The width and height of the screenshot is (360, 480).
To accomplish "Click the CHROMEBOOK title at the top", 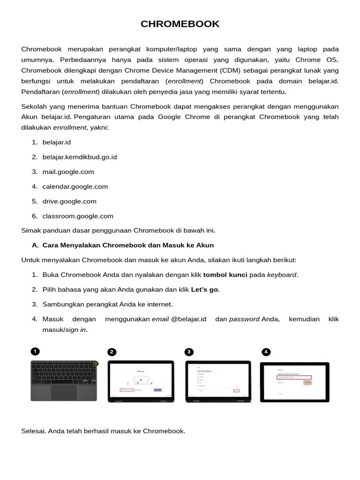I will (x=180, y=24).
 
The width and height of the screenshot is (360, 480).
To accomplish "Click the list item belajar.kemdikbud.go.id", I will (x=80, y=157).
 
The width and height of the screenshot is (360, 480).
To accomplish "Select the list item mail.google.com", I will (x=68, y=172).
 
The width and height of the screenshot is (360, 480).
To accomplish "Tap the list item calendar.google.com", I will (x=75, y=187).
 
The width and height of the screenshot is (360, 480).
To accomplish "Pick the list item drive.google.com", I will (x=69, y=202).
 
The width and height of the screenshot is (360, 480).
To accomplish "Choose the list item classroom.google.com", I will (x=78, y=216).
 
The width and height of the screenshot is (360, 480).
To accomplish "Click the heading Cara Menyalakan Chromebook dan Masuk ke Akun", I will (x=128, y=245).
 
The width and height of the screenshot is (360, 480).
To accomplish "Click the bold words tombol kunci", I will (x=225, y=275).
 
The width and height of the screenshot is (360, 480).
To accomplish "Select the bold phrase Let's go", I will (x=204, y=290).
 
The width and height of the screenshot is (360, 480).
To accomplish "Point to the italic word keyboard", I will (x=282, y=275).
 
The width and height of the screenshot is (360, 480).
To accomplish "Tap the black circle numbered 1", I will (x=35, y=351).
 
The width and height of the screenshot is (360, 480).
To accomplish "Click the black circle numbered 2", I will (x=112, y=352).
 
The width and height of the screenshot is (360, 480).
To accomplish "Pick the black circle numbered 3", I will (x=189, y=352).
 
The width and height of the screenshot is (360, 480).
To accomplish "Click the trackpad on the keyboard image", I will (x=64, y=393).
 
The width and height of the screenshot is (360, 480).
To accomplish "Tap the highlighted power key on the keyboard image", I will (x=96, y=363).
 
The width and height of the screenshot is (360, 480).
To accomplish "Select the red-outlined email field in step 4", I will (x=294, y=377).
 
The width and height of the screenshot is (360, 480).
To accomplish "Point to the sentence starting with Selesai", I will (x=103, y=431).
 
